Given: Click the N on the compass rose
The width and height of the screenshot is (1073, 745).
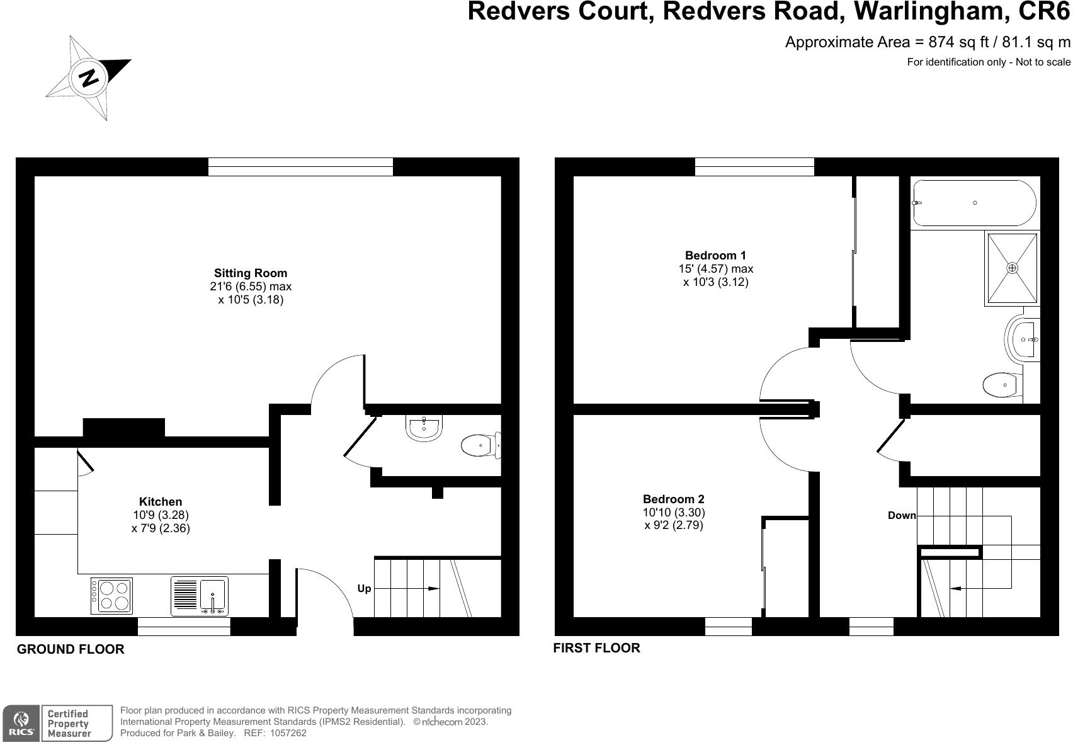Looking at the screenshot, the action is pos(89,77).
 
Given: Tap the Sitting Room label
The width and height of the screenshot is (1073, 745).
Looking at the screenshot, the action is pos(251,273).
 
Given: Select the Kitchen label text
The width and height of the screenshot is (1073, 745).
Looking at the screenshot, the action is pos(161,502).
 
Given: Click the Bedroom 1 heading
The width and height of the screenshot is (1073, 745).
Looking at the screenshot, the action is pos(716,255).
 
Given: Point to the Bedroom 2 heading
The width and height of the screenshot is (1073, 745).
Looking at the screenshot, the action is pos(674,499).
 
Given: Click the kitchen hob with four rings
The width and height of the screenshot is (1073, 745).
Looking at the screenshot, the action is pos(111,596).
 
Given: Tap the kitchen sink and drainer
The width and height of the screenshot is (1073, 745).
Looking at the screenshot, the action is pos(199,596).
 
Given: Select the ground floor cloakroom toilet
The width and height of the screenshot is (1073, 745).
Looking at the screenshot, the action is pos(481,446).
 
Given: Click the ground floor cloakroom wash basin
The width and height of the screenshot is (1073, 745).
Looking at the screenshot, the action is pos(424,428).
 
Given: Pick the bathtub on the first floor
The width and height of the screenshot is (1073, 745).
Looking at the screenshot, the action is pos(974,203).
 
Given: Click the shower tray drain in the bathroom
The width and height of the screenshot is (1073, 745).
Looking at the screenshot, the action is pos(1012,268).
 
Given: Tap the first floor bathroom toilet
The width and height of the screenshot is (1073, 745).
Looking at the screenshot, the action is pos(1002,385).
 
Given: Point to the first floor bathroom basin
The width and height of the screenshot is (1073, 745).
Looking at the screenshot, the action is pos(1023,339).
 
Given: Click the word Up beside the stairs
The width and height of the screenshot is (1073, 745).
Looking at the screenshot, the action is pos(364,588).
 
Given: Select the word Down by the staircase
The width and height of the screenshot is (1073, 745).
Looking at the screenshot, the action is pos(902,516).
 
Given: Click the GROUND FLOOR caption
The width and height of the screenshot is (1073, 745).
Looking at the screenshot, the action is pos(71,649).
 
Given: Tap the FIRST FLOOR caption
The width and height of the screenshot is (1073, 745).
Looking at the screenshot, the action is pos(596,648).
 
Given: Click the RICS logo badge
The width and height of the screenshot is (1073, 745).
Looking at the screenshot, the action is pos(21,723).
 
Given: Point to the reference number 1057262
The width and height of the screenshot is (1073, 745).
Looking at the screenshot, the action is pos(288,733).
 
